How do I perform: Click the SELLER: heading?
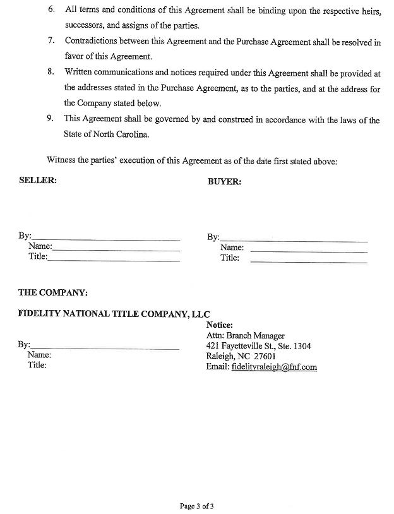(38, 180)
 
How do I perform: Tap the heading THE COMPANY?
(53, 293)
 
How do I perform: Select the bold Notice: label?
(220, 325)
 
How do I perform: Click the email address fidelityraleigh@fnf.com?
(274, 367)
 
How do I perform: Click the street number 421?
(213, 346)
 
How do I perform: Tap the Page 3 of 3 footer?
(196, 506)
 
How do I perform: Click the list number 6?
(51, 11)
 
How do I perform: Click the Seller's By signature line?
(105, 240)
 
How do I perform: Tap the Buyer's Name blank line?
(309, 251)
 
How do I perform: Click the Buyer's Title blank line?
(309, 261)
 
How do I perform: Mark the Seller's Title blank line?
(114, 261)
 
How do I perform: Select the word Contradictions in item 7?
(93, 42)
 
